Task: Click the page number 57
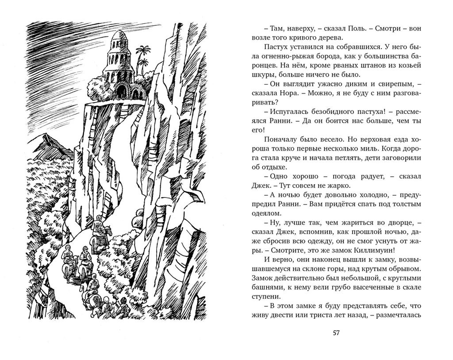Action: [336, 333]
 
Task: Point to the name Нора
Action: [303, 95]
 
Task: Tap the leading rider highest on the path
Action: [100, 227]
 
